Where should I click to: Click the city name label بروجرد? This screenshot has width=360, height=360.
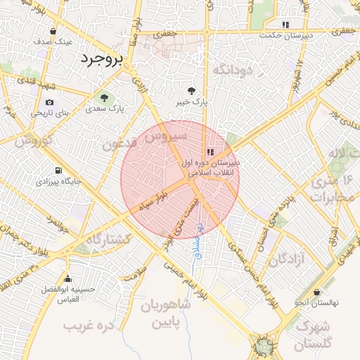pos(101,59)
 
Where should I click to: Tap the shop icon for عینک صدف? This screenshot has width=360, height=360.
pos(54,31)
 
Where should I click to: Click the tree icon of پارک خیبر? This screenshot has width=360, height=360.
pos(192,91)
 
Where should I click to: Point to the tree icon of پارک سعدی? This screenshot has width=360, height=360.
pos(104,98)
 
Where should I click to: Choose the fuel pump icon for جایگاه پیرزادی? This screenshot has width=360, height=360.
pos(57,170)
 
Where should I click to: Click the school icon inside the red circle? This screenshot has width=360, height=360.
pos(210,152)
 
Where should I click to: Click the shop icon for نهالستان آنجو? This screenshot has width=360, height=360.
pos(316,292)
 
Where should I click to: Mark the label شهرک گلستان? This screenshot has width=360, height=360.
pos(313,336)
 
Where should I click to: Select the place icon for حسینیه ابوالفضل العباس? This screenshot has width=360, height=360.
pos(67,279)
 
